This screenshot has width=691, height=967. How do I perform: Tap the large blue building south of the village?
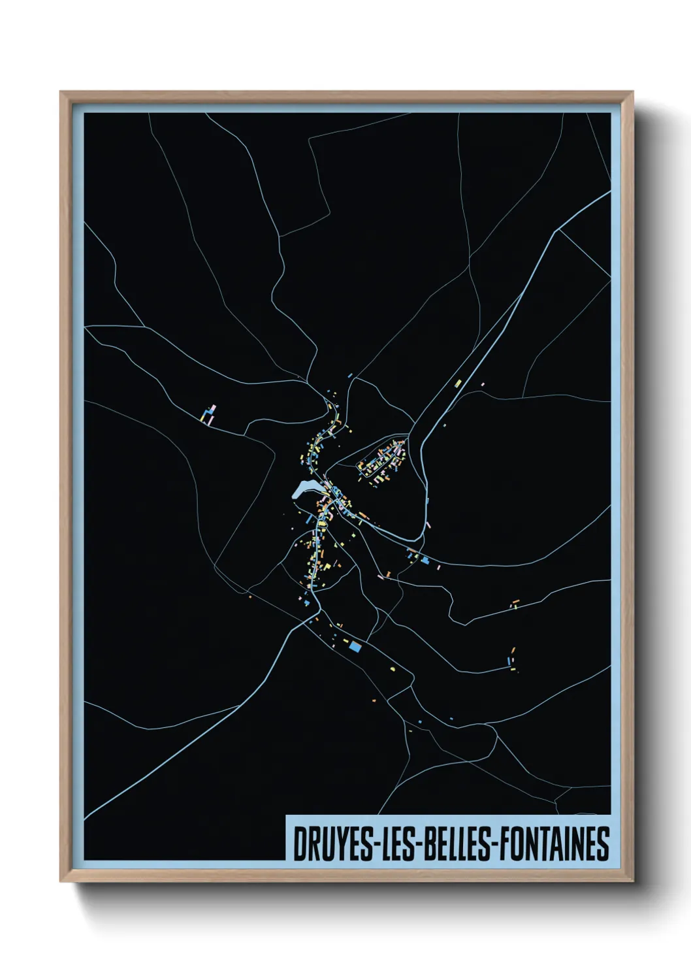point(355,646)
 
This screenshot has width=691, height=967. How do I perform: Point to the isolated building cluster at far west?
point(208,415)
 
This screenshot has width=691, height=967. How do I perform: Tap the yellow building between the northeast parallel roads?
point(458,382)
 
